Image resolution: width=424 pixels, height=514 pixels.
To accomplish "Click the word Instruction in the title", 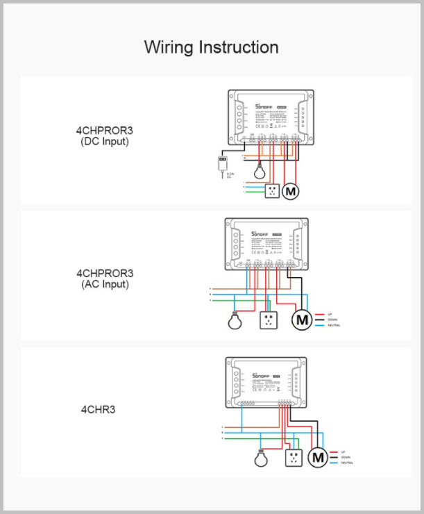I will click(239, 47).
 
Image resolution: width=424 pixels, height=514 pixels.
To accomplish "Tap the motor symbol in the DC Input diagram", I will click(290, 191).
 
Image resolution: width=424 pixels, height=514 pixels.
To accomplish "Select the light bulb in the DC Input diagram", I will click(261, 170).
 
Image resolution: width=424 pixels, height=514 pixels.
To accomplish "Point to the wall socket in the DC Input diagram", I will click(271, 191).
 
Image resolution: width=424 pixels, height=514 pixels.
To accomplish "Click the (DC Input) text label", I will click(105, 142).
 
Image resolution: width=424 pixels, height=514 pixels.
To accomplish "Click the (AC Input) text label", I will click(105, 284).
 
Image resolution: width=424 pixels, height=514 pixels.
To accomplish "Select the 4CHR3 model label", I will click(98, 409).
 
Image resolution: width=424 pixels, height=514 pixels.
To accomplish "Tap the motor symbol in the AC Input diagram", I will click(302, 320).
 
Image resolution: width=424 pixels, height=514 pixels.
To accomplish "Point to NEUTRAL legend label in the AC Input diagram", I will click(334, 326).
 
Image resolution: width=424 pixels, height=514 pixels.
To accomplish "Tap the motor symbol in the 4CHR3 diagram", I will click(319, 458).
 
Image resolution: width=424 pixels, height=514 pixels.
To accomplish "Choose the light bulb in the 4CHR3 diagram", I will click(261, 458).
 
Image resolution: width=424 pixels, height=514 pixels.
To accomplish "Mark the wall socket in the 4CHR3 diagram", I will click(294, 458).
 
